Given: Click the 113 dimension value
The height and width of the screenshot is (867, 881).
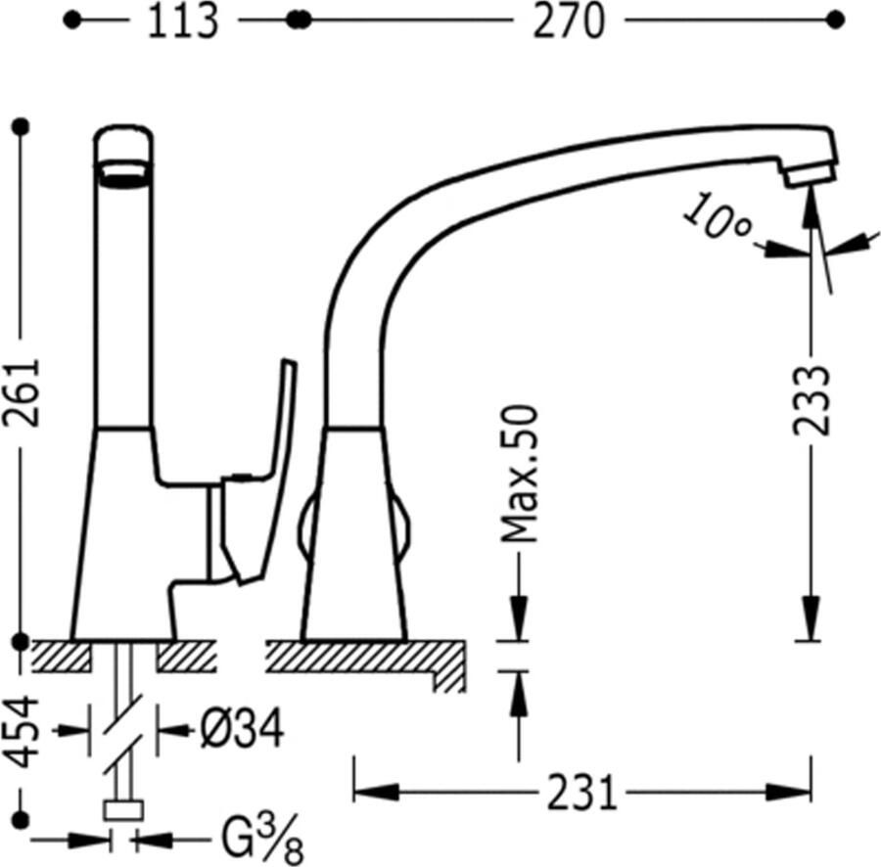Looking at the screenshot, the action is click(183, 21).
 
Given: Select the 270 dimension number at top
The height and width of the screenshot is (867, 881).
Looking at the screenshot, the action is click(569, 21).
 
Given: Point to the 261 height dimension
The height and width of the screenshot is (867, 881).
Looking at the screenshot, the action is click(22, 392).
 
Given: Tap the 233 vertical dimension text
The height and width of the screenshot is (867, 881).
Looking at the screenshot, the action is click(811, 400).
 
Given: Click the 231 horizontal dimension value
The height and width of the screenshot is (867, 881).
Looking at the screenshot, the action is click(582, 793).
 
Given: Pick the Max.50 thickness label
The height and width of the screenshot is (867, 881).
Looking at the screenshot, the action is click(519, 474).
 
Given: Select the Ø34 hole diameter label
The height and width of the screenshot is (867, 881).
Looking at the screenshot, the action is click(242, 729).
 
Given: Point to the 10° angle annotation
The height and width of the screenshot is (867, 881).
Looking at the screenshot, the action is click(717, 217).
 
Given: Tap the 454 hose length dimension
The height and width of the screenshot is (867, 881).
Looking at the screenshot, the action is click(22, 732).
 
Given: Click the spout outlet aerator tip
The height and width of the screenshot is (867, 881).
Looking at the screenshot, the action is click(810, 175).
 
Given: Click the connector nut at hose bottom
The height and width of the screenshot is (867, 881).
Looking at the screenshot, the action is click(123, 810).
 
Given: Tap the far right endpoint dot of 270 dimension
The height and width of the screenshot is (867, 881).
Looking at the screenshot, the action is click(836, 21).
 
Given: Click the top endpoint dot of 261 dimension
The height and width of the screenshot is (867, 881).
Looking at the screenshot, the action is click(22, 126).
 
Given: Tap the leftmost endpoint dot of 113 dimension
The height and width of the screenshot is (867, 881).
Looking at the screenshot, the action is click(72, 21).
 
